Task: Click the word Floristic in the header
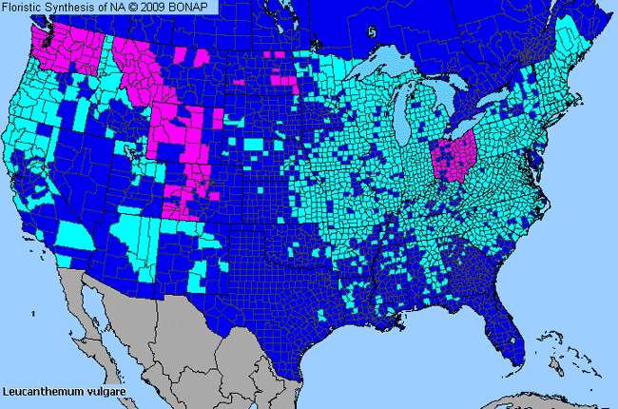click(26, 7)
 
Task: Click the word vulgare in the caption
click(104, 390)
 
